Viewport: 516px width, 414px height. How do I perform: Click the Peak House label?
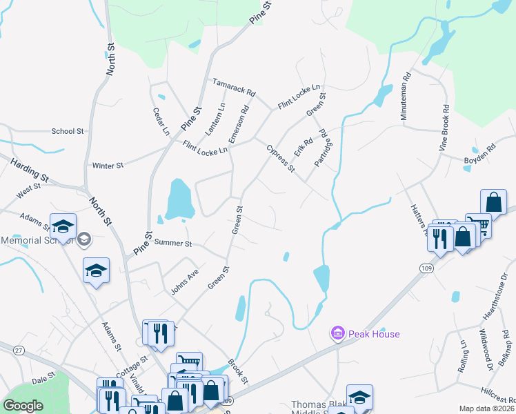click(x=373, y=334)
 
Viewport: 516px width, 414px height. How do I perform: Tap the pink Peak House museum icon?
click(x=337, y=334)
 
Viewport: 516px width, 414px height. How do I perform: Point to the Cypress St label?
click(x=281, y=158)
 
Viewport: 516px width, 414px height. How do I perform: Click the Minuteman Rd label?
click(x=406, y=96)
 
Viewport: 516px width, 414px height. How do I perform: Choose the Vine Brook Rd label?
click(x=445, y=128)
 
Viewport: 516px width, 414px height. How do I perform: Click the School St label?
click(x=67, y=131)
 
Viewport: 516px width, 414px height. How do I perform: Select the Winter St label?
click(x=107, y=166)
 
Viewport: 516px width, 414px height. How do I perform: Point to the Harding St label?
click(x=29, y=170)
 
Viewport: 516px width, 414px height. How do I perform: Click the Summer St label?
click(x=172, y=244)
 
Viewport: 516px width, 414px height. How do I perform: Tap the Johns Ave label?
click(x=184, y=280)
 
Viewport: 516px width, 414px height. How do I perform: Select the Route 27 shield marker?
click(x=18, y=351)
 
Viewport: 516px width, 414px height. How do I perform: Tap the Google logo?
click(x=23, y=406)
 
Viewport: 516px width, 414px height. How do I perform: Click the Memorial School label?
click(x=34, y=240)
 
